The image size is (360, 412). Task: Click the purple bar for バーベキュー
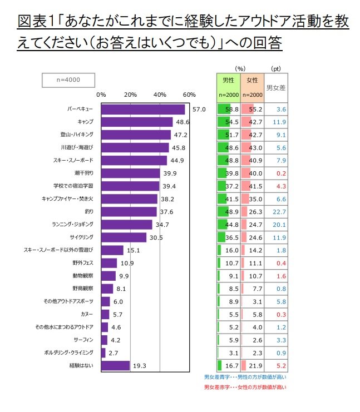point(143,110)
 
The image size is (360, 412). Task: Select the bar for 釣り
point(129,212)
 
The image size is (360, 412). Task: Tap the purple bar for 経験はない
point(115,365)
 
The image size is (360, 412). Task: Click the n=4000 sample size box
point(69,80)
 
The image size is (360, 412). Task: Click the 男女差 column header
point(276,87)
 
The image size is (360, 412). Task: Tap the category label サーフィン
point(83,340)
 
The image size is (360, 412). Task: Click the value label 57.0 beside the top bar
point(199,110)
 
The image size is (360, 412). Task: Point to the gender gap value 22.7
point(276,212)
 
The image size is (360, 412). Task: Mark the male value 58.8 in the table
point(232,110)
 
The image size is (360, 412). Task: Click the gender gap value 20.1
point(276,225)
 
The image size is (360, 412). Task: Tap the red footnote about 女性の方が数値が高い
point(245,387)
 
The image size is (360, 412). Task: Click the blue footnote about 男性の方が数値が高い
point(245,378)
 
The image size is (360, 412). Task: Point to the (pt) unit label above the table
point(276,68)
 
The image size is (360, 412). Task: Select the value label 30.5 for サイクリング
point(157,237)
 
